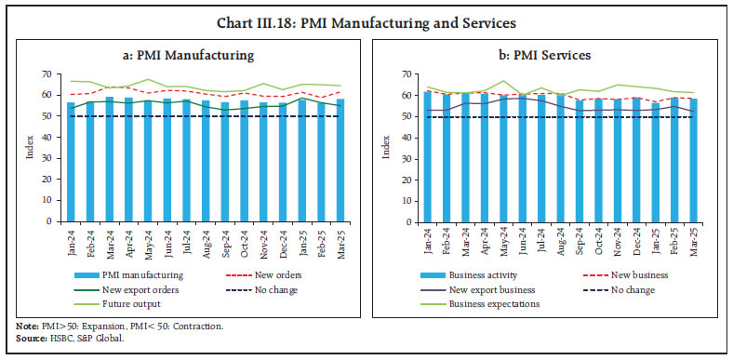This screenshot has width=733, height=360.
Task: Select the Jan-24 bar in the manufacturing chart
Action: tap(71, 162)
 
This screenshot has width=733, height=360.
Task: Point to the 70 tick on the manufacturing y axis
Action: tap(48, 73)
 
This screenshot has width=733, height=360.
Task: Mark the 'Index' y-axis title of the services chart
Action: tap(384, 148)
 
